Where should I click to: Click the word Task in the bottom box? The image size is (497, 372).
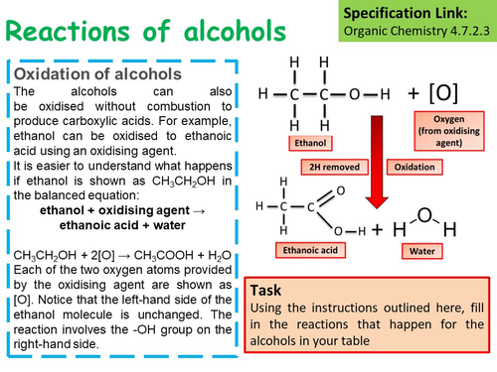270,292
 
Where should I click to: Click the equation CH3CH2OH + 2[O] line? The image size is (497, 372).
128,255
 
